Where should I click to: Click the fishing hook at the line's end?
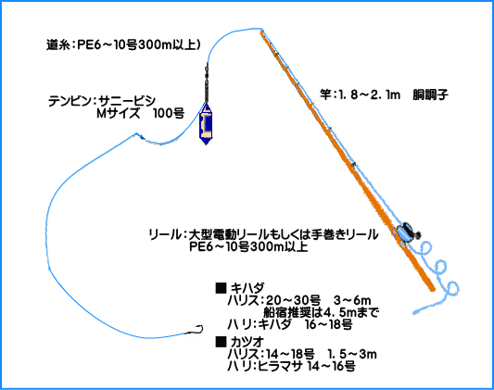click(x=196, y=330)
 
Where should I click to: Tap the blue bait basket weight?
click(x=206, y=124)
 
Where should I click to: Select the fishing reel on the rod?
click(x=407, y=233)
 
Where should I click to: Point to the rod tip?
click(x=261, y=31)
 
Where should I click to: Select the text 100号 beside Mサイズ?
click(x=169, y=114)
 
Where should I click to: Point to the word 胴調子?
click(x=431, y=94)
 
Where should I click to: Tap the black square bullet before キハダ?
click(x=221, y=288)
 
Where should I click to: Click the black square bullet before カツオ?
click(x=221, y=342)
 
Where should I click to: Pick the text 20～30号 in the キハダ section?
click(x=293, y=300)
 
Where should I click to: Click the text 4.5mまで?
click(x=347, y=312)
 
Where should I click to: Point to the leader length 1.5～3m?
click(x=352, y=354)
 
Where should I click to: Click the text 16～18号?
click(x=329, y=324)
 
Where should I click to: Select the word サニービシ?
click(x=127, y=101)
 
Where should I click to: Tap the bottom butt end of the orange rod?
click(x=432, y=289)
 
